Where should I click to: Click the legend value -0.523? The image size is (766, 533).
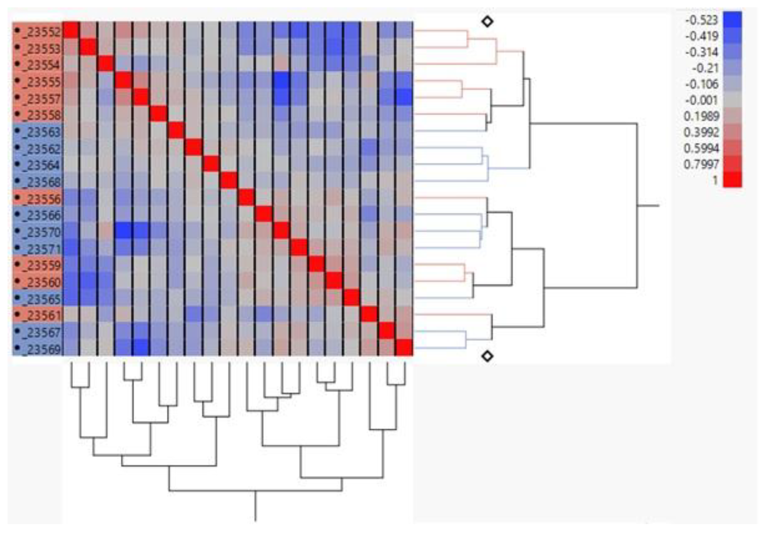coord(701,20)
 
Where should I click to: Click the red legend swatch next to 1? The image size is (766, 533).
coord(732,179)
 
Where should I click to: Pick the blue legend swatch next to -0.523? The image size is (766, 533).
coord(732,19)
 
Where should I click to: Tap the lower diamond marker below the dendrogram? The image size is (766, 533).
coord(488,356)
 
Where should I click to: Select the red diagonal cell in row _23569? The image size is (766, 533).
coord(404,347)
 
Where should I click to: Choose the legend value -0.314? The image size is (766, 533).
coord(701,52)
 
